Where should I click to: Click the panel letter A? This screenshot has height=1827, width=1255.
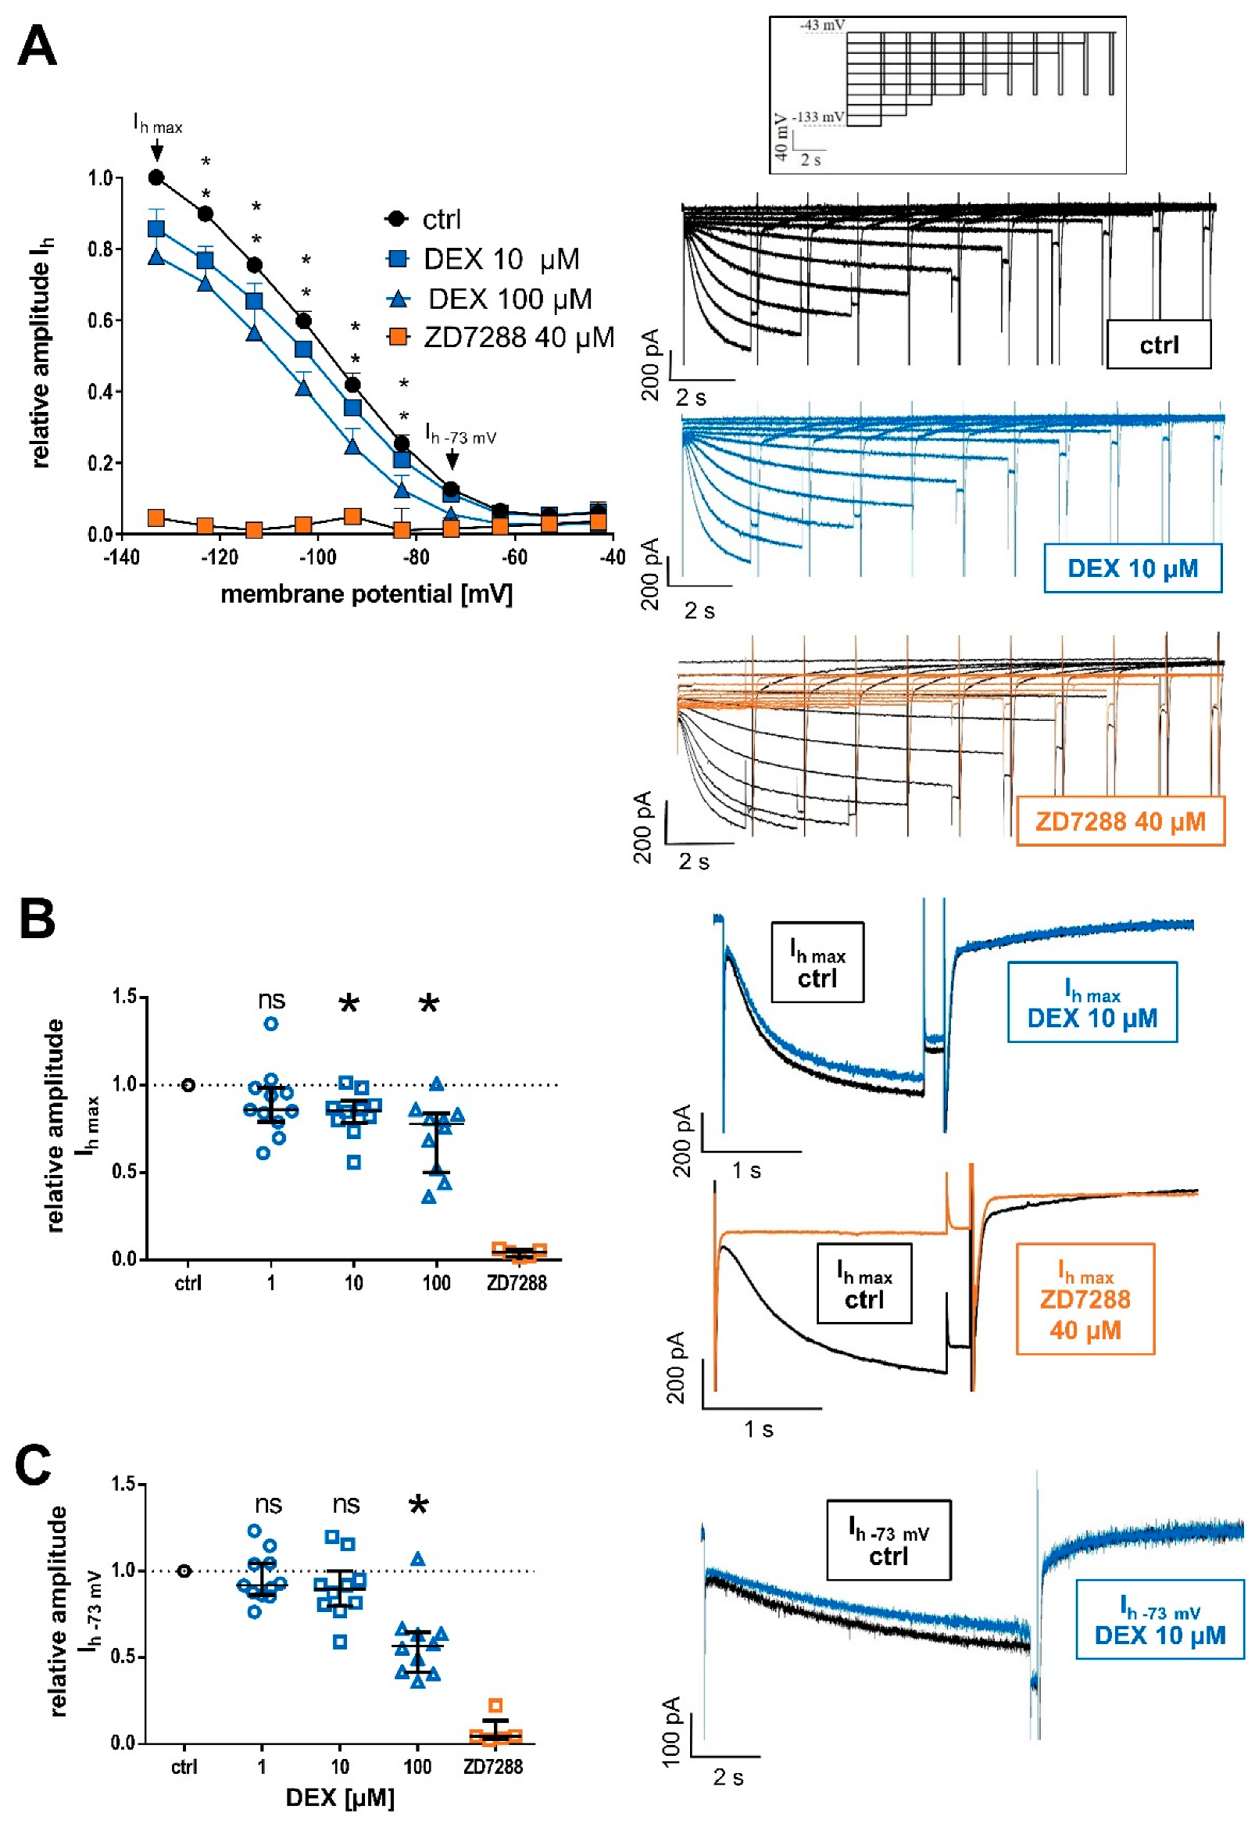(x=37, y=46)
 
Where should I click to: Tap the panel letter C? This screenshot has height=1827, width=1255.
(x=33, y=1465)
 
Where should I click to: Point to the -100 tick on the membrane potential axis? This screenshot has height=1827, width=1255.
(x=318, y=557)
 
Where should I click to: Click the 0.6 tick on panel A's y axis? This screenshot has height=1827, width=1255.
(x=100, y=320)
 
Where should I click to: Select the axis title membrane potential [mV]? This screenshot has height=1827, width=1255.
(x=366, y=594)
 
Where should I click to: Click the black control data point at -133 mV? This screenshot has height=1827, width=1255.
(x=156, y=177)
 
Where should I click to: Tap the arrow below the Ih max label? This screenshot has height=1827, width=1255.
(x=156, y=149)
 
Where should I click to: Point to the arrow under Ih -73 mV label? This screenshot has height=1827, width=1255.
(x=452, y=460)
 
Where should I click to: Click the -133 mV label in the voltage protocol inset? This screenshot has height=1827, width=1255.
(x=818, y=117)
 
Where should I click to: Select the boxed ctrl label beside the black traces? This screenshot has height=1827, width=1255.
(x=1158, y=345)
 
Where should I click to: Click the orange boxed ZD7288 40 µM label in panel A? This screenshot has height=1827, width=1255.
(x=1120, y=822)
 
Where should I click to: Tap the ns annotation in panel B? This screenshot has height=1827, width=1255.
(x=271, y=1000)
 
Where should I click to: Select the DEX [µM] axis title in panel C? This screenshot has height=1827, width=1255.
(x=340, y=1797)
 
